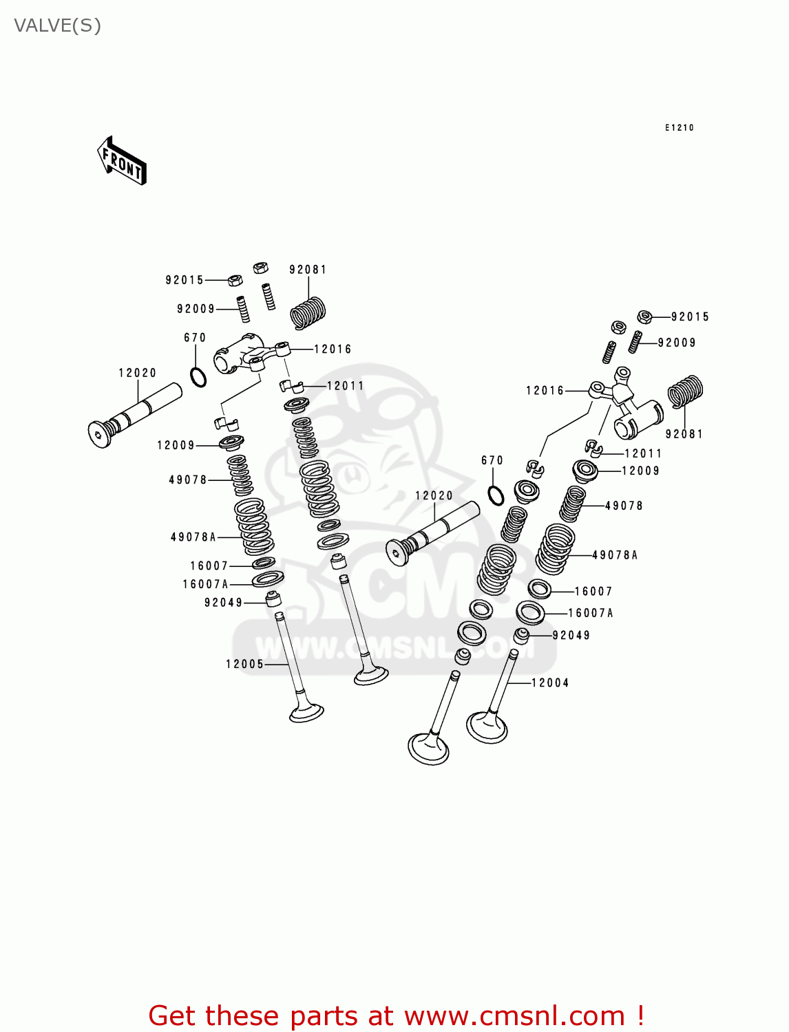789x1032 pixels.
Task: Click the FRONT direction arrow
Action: point(122,161)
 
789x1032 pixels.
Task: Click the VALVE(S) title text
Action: point(57,26)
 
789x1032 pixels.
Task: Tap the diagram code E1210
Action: point(679,128)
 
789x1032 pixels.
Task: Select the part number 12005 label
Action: point(244,664)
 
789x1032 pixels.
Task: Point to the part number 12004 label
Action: point(549,683)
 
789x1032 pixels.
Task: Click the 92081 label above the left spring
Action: point(308,270)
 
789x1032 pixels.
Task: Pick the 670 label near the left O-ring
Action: point(195,338)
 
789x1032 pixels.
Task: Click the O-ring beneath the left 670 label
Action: point(198,377)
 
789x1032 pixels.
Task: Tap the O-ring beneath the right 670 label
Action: point(496,495)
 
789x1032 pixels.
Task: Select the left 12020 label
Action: point(138,373)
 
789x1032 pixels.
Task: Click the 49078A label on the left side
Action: point(193,537)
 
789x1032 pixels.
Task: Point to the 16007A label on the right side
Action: point(590,613)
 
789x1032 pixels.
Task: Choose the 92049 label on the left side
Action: point(224,603)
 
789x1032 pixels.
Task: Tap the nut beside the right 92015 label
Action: point(644,316)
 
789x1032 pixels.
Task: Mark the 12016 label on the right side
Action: point(545,391)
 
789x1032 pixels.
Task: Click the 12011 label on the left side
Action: point(345,386)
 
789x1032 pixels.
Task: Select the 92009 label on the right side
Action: point(677,343)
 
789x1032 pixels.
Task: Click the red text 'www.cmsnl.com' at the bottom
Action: point(514,1015)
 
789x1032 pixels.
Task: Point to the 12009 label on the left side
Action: point(176,445)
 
